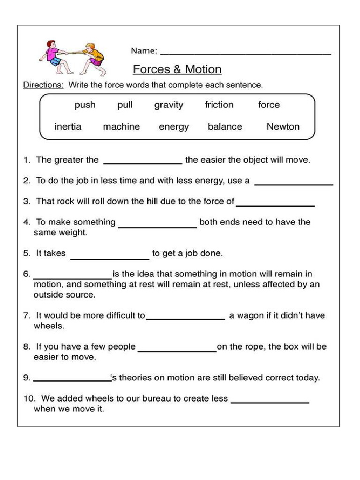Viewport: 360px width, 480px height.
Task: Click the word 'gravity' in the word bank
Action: point(169,105)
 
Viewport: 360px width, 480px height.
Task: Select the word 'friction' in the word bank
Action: point(219,105)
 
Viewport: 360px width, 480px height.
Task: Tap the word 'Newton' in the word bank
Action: point(283,127)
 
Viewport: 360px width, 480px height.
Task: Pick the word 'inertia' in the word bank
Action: point(68,127)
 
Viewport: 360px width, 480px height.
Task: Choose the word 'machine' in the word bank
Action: point(121,127)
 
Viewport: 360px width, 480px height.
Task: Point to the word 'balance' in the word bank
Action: point(225,127)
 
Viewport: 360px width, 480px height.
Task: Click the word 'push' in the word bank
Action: point(85,105)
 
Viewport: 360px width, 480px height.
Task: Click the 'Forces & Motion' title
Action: point(177,70)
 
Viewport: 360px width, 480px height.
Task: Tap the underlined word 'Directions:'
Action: point(43,85)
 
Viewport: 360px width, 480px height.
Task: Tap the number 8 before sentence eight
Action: point(26,347)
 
